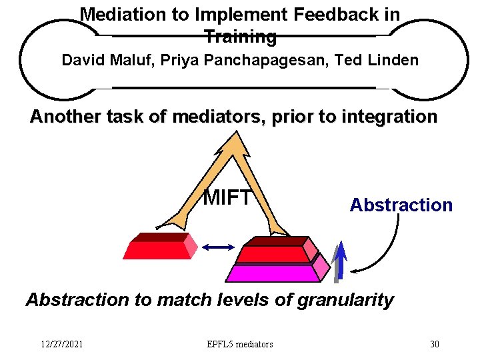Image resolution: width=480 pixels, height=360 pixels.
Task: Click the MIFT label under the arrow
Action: click(x=228, y=197)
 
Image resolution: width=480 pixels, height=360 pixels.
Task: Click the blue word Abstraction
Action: click(x=401, y=205)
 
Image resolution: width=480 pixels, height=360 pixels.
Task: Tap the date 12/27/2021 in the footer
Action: click(x=61, y=344)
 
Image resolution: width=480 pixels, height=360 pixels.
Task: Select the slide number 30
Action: click(x=434, y=344)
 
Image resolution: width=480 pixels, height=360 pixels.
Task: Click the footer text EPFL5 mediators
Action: click(x=240, y=344)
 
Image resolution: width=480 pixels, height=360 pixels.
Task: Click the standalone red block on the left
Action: click(x=158, y=249)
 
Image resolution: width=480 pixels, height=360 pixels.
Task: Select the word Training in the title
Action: click(x=240, y=37)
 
